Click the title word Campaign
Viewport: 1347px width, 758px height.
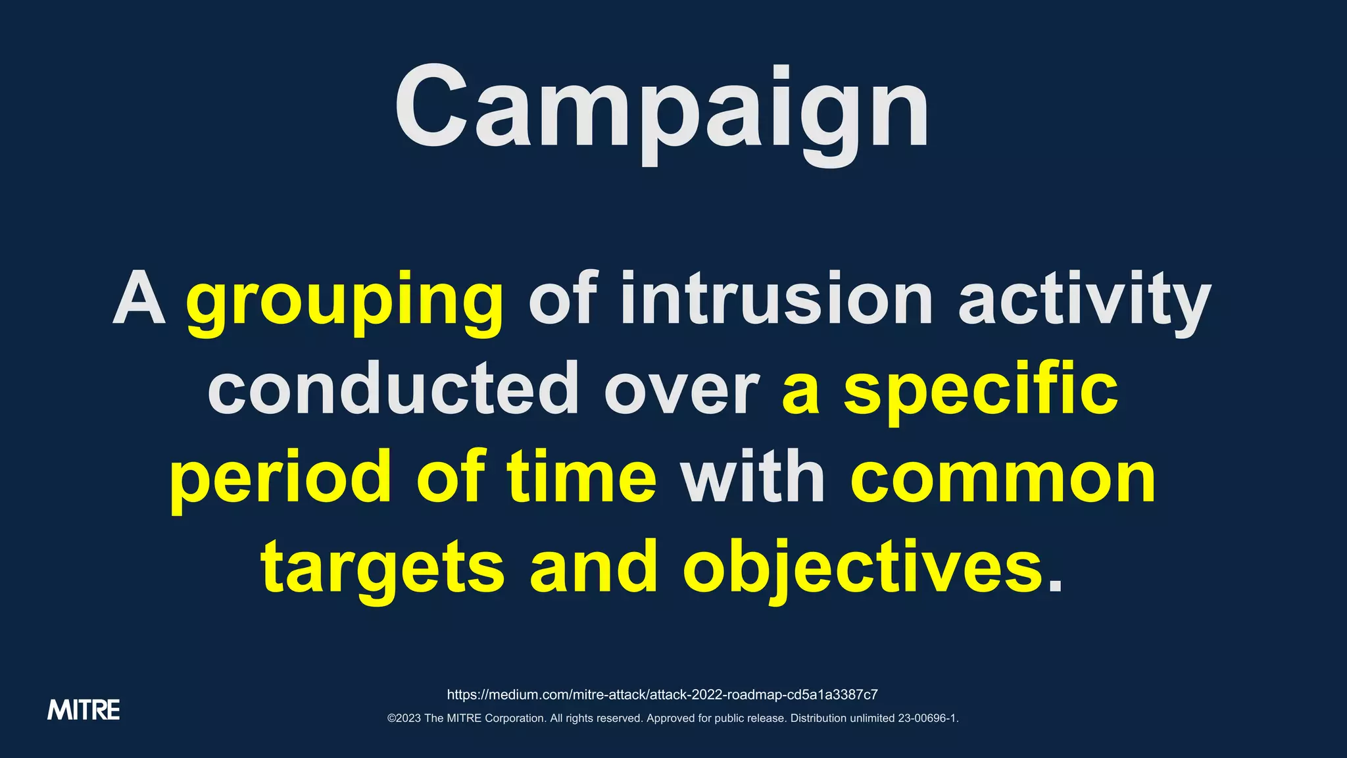click(662, 109)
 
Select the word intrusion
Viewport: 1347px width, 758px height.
click(777, 300)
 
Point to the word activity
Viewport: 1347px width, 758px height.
click(1085, 300)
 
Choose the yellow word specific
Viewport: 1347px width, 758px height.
click(981, 390)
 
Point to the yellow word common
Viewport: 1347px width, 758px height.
click(1004, 479)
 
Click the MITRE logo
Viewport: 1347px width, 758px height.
click(84, 710)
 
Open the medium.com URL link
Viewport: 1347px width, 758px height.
click(662, 695)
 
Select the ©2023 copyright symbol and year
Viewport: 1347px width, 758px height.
click(404, 719)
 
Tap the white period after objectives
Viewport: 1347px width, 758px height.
click(1055, 586)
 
